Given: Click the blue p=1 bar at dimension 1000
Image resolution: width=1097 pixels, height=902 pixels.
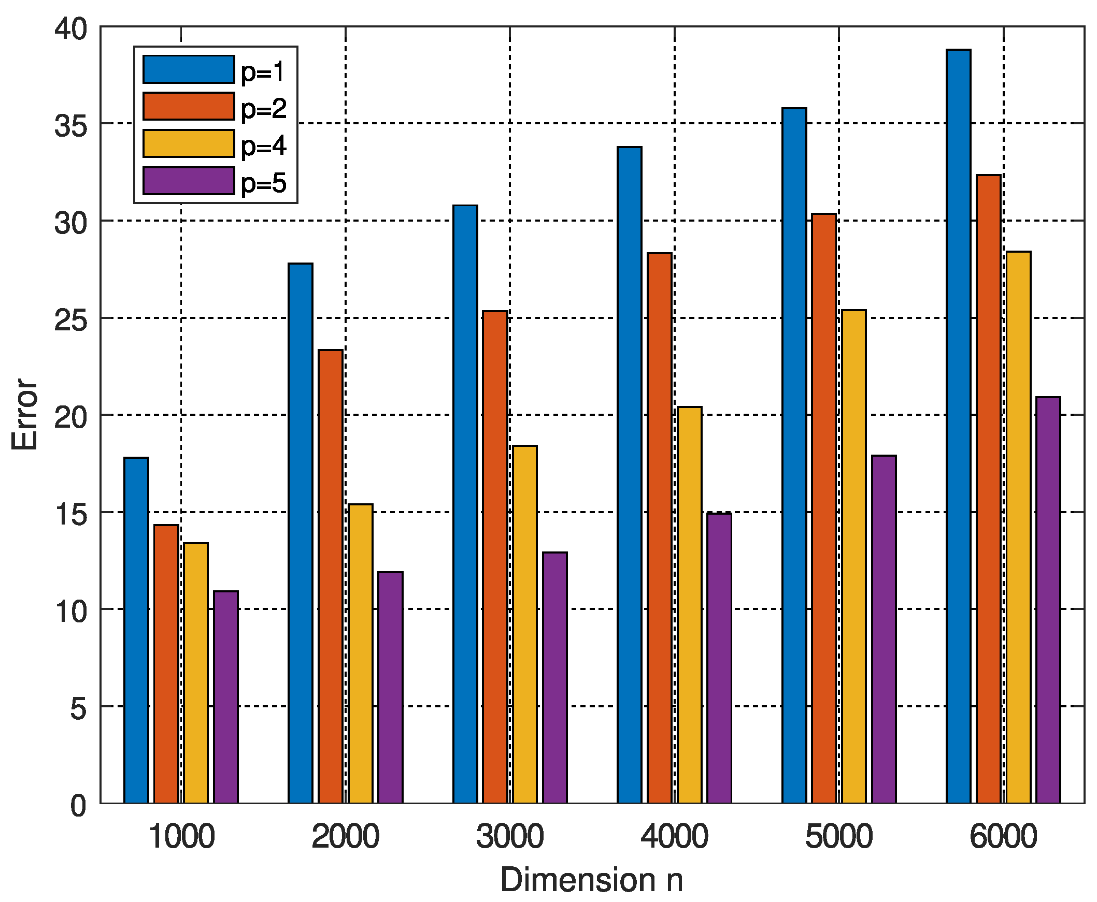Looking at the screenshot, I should [x=136, y=630].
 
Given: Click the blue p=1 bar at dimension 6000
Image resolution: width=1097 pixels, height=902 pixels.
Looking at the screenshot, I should [x=958, y=426].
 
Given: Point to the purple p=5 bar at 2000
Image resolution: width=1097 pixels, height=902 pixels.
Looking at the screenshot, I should [x=390, y=687].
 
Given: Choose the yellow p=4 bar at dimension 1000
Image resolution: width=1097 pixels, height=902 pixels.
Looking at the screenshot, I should [x=196, y=672].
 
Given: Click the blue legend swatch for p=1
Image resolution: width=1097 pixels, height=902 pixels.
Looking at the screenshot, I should [x=188, y=69].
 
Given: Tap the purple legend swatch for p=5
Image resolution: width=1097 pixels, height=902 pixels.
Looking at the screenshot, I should [x=188, y=181].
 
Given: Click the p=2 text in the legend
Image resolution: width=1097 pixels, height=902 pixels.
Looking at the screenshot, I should [x=263, y=108].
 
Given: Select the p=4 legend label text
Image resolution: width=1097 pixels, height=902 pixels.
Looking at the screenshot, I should [x=263, y=145].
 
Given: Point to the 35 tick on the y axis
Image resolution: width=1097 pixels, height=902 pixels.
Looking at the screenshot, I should [x=70, y=125].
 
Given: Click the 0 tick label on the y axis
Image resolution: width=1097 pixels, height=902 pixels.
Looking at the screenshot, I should [x=78, y=806].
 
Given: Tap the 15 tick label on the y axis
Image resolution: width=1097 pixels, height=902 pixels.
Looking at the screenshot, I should [x=70, y=514].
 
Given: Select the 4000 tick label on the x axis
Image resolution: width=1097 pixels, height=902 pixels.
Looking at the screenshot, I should [x=674, y=837].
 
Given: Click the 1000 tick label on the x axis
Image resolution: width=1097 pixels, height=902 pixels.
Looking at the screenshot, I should [x=181, y=837].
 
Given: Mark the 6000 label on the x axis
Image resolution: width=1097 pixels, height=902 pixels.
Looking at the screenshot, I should [x=1003, y=837].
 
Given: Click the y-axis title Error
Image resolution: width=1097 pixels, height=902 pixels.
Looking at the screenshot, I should [x=24, y=414].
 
